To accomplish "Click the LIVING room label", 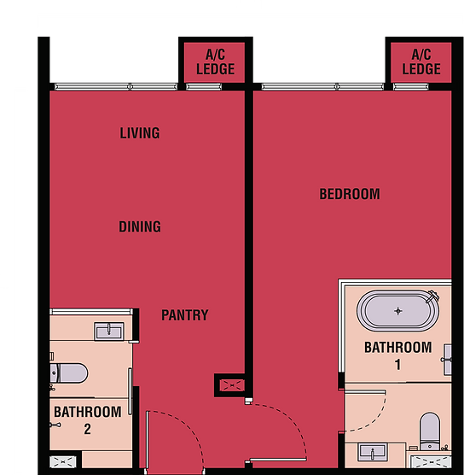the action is (x=140, y=133).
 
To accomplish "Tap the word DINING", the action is (x=140, y=226).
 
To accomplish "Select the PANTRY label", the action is (x=185, y=315).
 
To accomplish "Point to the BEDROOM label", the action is (x=350, y=194).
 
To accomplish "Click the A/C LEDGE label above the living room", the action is (x=215, y=62).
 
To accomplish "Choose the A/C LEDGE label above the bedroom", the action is (x=421, y=62).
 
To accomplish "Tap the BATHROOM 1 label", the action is (x=398, y=355).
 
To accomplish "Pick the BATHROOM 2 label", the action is (x=88, y=420).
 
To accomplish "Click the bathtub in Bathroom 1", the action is (x=398, y=311).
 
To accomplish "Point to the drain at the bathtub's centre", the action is (x=398, y=311).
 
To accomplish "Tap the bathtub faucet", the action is (x=432, y=296).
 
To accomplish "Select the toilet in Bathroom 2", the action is (x=69, y=373).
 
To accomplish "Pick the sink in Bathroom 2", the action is (x=109, y=331).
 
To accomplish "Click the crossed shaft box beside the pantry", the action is (x=232, y=385).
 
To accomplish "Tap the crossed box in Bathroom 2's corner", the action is (x=63, y=462).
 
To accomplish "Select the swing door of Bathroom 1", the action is (x=365, y=411).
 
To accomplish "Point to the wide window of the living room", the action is (x=116, y=87).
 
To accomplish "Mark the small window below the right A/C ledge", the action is (x=411, y=87).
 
